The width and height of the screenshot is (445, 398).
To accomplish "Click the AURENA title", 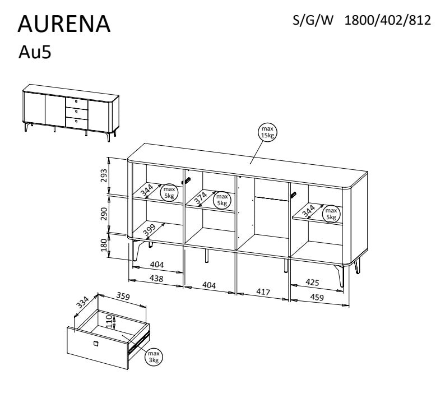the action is coord(64,24).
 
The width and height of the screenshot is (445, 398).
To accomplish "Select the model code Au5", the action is coord(35,52).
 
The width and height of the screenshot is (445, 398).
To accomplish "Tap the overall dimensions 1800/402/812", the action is coord(387,20).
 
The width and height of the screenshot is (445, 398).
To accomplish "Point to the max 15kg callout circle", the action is coord(267,132).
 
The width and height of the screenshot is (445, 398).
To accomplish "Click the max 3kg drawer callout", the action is coord(154,357).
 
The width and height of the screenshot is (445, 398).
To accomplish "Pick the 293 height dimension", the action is coord(104,175).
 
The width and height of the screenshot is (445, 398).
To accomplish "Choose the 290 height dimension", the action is coord(104,214).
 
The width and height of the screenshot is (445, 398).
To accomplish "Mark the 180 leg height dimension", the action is coord(104,245).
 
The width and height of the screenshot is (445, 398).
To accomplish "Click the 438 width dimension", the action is coord(156,279).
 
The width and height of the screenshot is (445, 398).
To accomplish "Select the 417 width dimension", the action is coord(263,291).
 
